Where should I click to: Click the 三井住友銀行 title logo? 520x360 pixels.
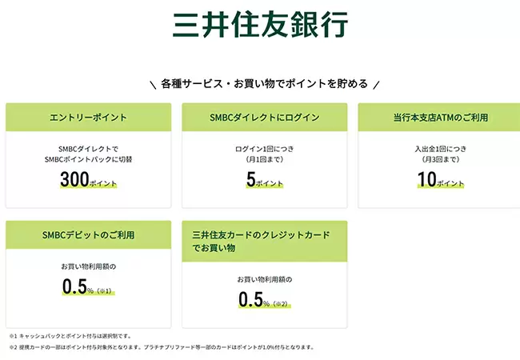pos(260,24)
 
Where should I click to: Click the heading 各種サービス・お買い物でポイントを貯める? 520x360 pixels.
pos(264,83)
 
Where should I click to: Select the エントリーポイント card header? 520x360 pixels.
pos(88,118)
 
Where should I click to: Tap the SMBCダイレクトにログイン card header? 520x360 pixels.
pos(264,118)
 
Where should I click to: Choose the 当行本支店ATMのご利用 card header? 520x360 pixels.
pos(439,118)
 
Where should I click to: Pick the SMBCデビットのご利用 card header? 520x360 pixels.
pos(88,235)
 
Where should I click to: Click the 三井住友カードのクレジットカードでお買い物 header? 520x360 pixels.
pos(264,242)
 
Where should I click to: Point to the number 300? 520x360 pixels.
pos(74,179)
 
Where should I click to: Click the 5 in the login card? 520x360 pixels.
pos(251,179)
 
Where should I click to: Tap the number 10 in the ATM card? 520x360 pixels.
pos(427,179)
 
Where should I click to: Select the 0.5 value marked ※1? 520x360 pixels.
pos(74,286)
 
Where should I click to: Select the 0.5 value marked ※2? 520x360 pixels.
pos(250,299)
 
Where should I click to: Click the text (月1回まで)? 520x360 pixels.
pos(265,159)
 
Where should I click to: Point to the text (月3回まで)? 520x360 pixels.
pos(441,159)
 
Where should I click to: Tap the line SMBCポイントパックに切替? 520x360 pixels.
pos(88,159)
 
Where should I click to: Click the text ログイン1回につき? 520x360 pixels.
pos(265,149)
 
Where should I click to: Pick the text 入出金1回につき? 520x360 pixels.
pos(441,149)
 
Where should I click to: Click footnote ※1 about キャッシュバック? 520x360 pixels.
pos(70,336)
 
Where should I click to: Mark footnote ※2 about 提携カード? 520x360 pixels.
pos(162,347)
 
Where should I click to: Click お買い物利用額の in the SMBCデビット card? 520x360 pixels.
pos(89,266)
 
